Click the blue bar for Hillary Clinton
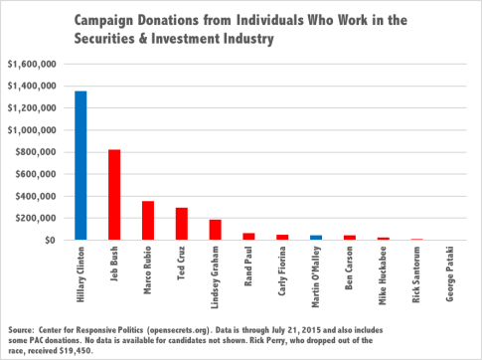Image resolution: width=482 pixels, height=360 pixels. (x=80, y=166)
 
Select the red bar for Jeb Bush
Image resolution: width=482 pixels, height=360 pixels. (x=114, y=195)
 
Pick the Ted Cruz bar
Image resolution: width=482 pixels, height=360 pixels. (x=181, y=224)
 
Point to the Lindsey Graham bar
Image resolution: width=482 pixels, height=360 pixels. (x=215, y=230)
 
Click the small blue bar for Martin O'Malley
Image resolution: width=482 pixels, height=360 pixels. (x=315, y=238)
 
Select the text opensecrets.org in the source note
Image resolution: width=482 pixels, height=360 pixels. (x=188, y=328)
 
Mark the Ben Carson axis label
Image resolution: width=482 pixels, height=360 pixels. (x=349, y=269)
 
